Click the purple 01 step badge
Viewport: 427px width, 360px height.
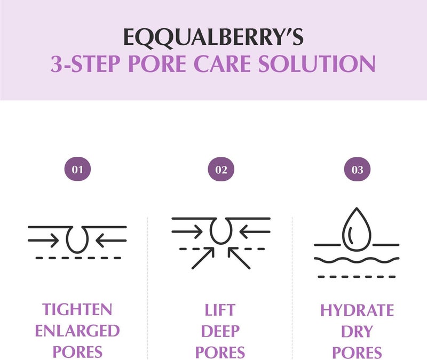(x=78, y=170)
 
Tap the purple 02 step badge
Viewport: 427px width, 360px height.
(x=221, y=170)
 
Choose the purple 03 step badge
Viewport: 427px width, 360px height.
(x=357, y=170)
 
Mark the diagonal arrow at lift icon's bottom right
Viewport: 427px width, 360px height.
(x=240, y=258)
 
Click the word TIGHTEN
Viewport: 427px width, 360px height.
(x=77, y=310)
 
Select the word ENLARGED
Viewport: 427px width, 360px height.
(x=77, y=331)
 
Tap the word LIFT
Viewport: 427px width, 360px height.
(x=220, y=310)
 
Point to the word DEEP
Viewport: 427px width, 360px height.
(x=220, y=331)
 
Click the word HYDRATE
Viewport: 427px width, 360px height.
(x=357, y=310)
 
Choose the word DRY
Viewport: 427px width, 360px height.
(x=357, y=331)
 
